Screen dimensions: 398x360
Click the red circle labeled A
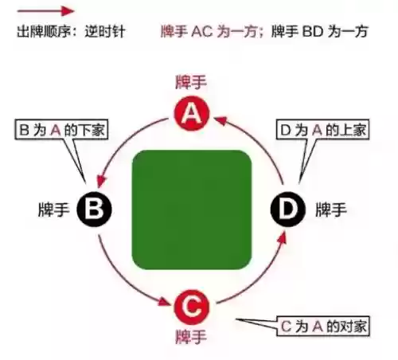[192, 114]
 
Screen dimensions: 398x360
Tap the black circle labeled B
[94, 209]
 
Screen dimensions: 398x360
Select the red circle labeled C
[192, 307]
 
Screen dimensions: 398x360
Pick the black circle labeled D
[288, 209]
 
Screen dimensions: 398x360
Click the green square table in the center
[192, 209]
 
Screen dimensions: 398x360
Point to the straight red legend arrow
[45, 11]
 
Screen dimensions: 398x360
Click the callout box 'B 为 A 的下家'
[61, 130]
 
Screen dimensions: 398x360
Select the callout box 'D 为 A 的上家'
[322, 130]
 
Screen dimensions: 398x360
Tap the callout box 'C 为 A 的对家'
[323, 326]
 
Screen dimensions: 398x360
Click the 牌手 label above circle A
[191, 82]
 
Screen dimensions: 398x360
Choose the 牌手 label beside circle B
[54, 209]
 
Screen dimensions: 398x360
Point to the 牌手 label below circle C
[191, 337]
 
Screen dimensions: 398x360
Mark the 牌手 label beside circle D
[331, 209]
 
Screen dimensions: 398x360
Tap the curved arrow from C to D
[261, 278]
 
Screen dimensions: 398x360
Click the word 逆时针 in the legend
[105, 32]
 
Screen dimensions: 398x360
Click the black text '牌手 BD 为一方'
[320, 31]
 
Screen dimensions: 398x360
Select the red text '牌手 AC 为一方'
[210, 31]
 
